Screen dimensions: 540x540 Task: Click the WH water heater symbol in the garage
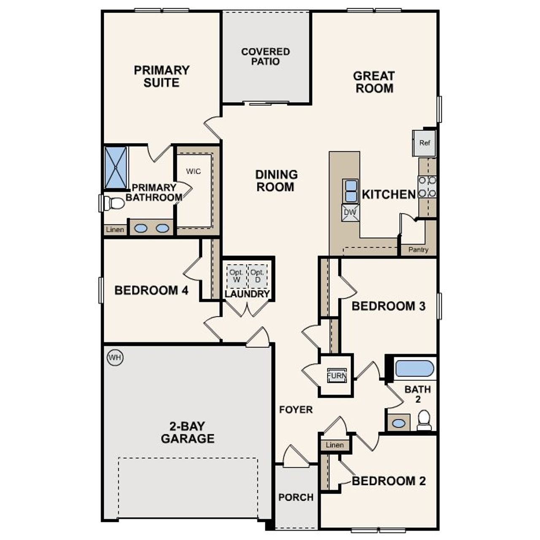pos(115,358)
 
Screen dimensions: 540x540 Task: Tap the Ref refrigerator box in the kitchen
pos(424,143)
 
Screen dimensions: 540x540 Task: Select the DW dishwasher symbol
pos(350,213)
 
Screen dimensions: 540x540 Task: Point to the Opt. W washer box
pos(236,276)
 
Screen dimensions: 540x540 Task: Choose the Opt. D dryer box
pos(257,276)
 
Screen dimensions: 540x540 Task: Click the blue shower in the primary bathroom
pos(116,167)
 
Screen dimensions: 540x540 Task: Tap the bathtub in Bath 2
pos(414,368)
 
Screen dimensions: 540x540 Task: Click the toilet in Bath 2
pos(424,420)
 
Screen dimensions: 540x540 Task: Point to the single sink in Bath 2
pos(398,423)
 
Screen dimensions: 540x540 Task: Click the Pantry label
pos(418,250)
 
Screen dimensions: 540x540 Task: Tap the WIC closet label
pos(194,171)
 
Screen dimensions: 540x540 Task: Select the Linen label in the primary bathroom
pos(115,229)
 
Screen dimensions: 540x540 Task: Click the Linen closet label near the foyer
pos(335,445)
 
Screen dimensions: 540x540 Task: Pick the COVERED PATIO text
pos(265,57)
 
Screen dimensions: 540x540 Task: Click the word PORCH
pos(296,497)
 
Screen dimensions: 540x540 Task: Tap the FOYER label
pos(296,409)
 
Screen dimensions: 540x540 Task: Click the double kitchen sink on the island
pos(351,191)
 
